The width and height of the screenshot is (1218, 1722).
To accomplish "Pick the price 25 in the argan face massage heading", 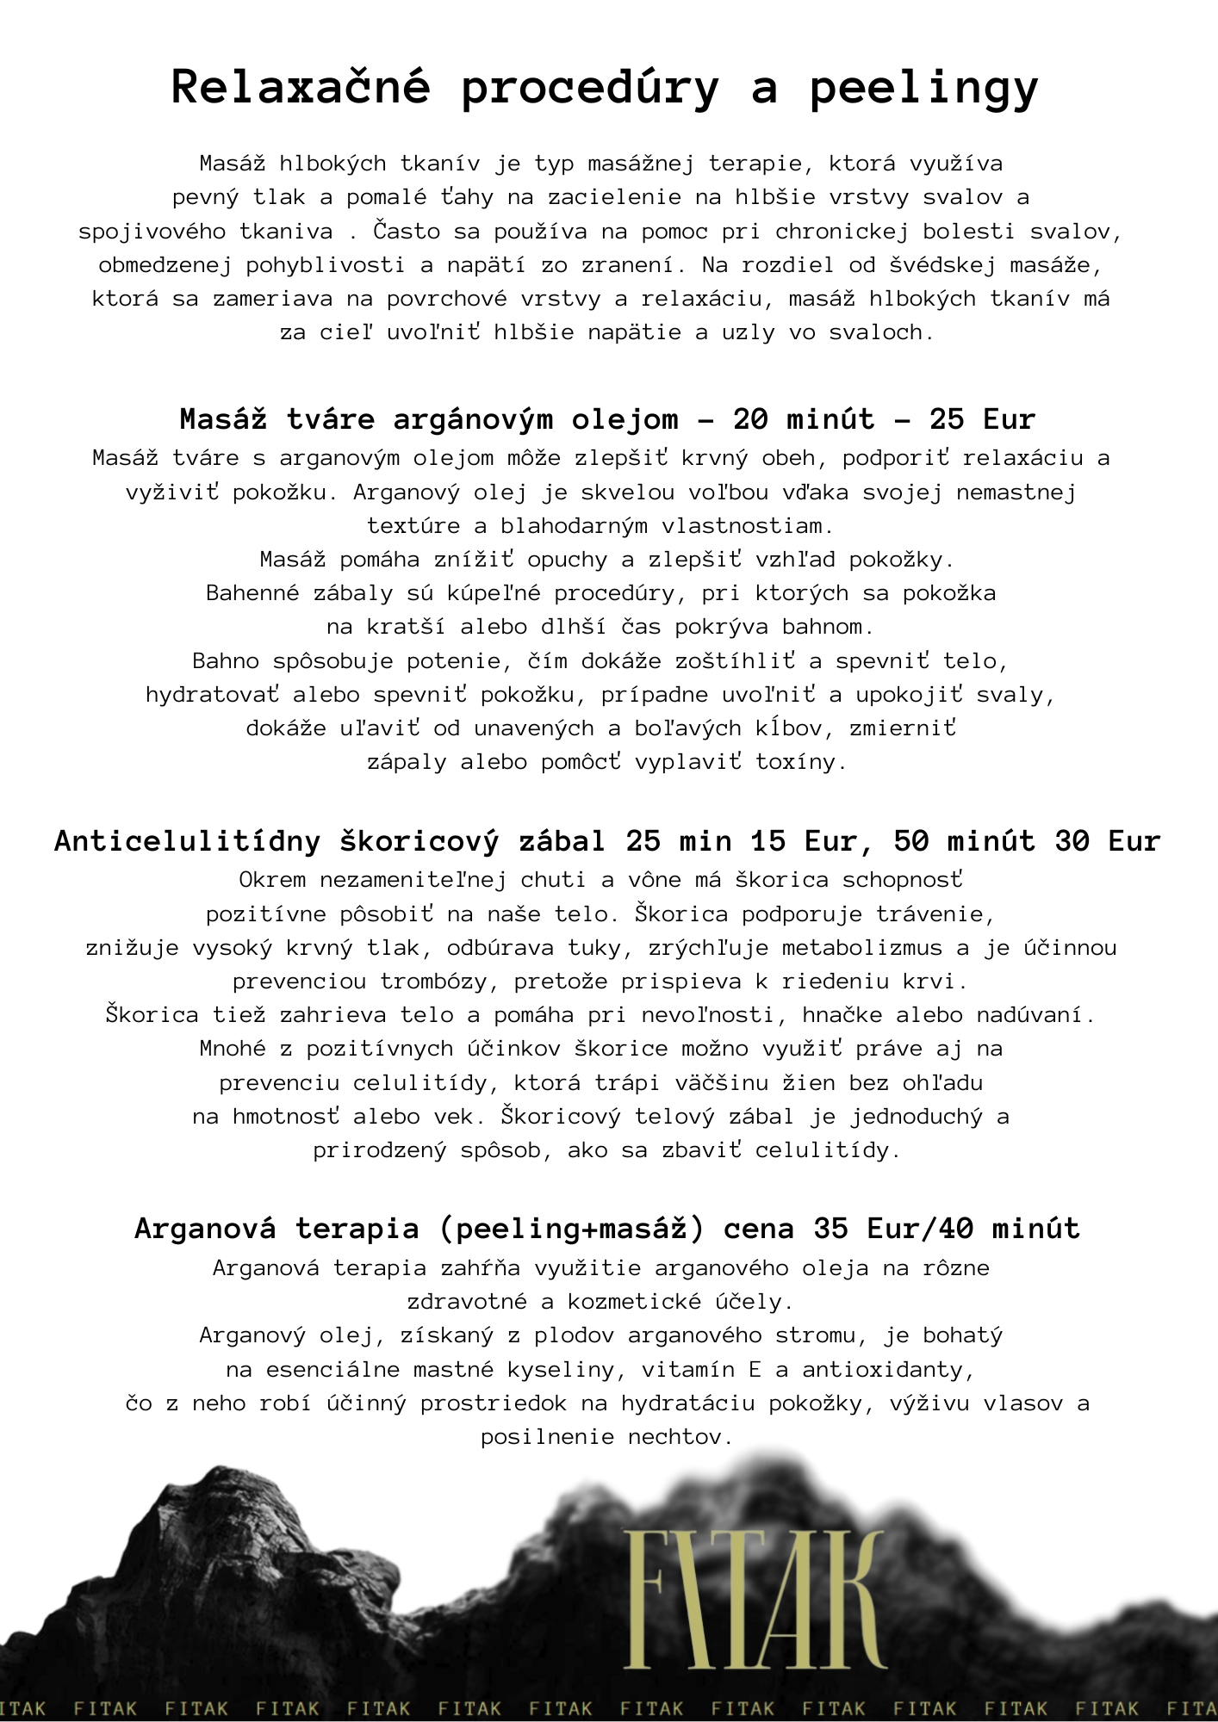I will click(x=946, y=419).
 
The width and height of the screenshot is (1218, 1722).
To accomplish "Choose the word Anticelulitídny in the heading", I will click(x=188, y=840).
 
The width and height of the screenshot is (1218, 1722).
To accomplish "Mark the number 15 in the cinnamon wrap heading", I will click(x=767, y=840).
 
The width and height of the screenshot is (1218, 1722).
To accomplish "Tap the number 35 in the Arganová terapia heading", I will click(x=830, y=1228).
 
